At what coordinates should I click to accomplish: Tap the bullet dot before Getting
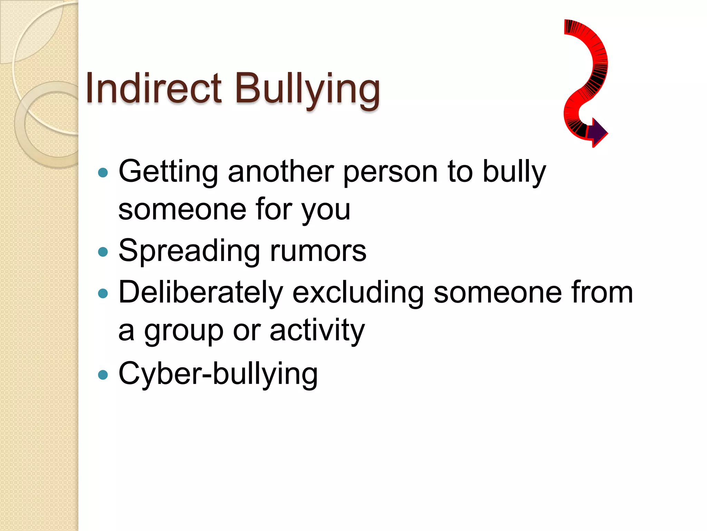pyautogui.click(x=103, y=173)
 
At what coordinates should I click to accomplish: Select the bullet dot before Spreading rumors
pyautogui.click(x=103, y=252)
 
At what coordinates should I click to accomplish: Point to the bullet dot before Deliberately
pyautogui.click(x=103, y=294)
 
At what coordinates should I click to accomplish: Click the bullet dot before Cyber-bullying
pyautogui.click(x=103, y=374)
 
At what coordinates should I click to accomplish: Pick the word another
pyautogui.click(x=280, y=171)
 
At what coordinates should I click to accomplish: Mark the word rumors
pyautogui.click(x=318, y=251)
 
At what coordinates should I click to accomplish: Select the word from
pyautogui.click(x=602, y=293)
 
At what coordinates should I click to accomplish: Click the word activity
pyautogui.click(x=317, y=331)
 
